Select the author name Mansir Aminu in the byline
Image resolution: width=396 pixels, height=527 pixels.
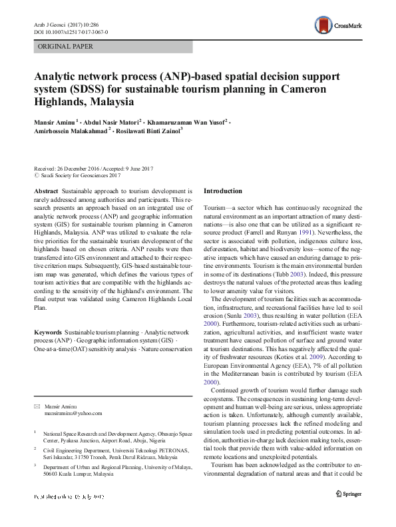[x=53, y=123]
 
